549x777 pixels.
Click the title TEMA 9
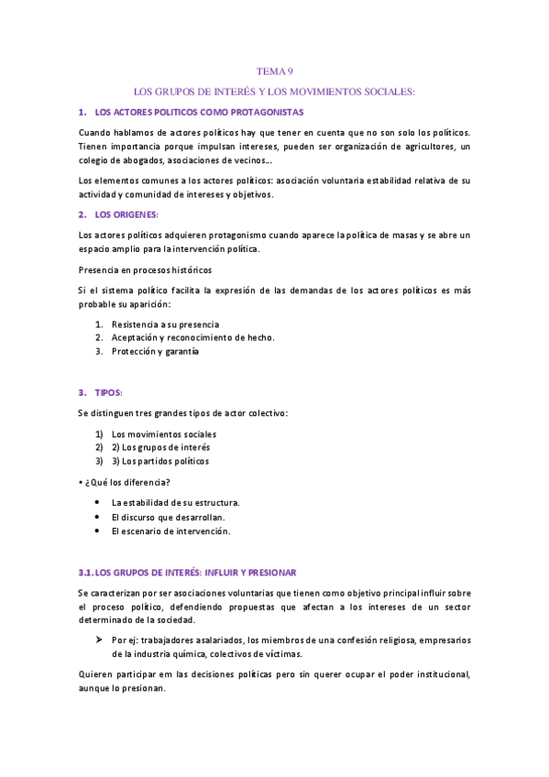274,71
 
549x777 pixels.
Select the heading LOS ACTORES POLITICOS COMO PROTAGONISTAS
199,112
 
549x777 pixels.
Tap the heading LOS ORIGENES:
126,214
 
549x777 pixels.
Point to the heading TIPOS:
115,393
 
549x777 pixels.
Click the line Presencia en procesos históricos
145,270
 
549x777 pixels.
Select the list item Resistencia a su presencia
165,324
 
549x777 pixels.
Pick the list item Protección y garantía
155,351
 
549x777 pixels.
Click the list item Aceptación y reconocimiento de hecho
192,337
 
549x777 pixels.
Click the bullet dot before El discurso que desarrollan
98,517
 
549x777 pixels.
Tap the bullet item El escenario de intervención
170,531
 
